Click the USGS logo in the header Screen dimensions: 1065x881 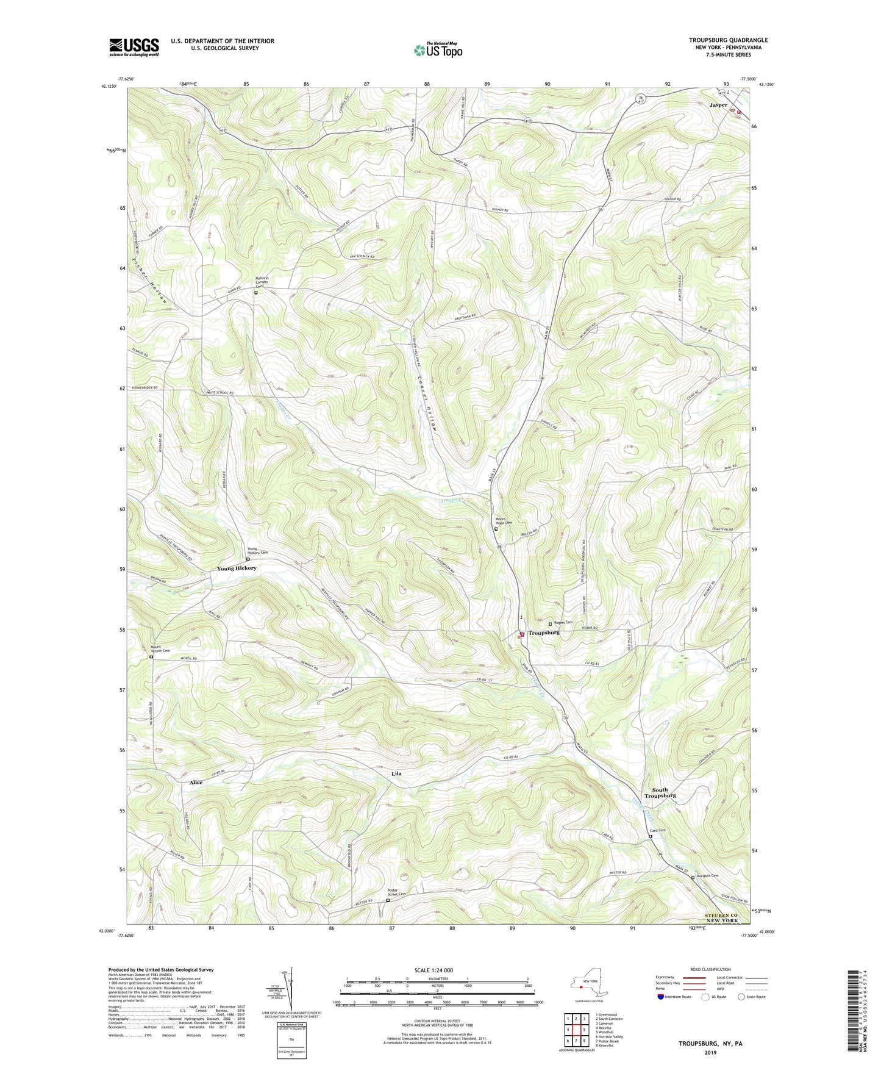[x=134, y=47]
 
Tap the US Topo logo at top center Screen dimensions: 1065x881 [x=437, y=50]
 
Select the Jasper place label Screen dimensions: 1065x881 [x=718, y=105]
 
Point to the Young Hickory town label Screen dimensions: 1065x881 [x=237, y=568]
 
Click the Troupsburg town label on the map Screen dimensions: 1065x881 [x=544, y=633]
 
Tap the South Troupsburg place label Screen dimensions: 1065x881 [x=660, y=792]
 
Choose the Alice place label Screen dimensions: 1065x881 [x=196, y=782]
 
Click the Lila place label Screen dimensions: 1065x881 [x=396, y=773]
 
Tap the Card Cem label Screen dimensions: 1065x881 [x=657, y=830]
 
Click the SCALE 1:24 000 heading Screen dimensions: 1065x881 [x=433, y=970]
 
